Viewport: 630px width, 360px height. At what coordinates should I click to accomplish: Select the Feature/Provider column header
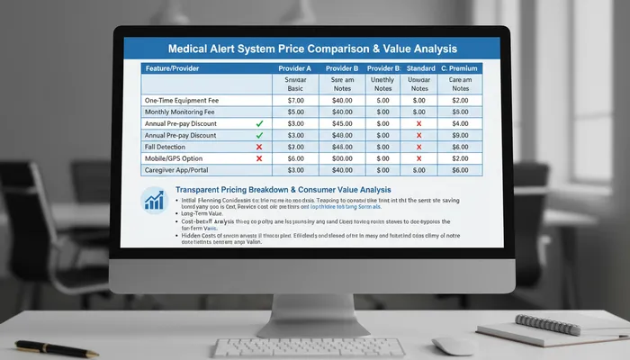tap(174, 68)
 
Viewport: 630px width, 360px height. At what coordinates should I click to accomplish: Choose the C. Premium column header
tap(459, 68)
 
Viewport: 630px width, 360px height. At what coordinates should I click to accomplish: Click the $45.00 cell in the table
tap(341, 123)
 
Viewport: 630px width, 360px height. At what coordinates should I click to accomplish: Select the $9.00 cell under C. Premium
tap(460, 135)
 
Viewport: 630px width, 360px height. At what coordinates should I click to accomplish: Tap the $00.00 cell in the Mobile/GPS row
tap(341, 157)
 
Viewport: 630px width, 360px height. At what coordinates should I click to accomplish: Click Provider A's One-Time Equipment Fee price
tap(295, 100)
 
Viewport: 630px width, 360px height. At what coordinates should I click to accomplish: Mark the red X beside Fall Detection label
tap(258, 146)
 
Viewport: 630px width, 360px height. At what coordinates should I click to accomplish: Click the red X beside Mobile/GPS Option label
tap(258, 157)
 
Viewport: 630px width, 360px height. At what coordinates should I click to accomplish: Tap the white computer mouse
tap(454, 345)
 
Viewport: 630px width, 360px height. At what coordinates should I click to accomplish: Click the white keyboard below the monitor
tap(324, 346)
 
